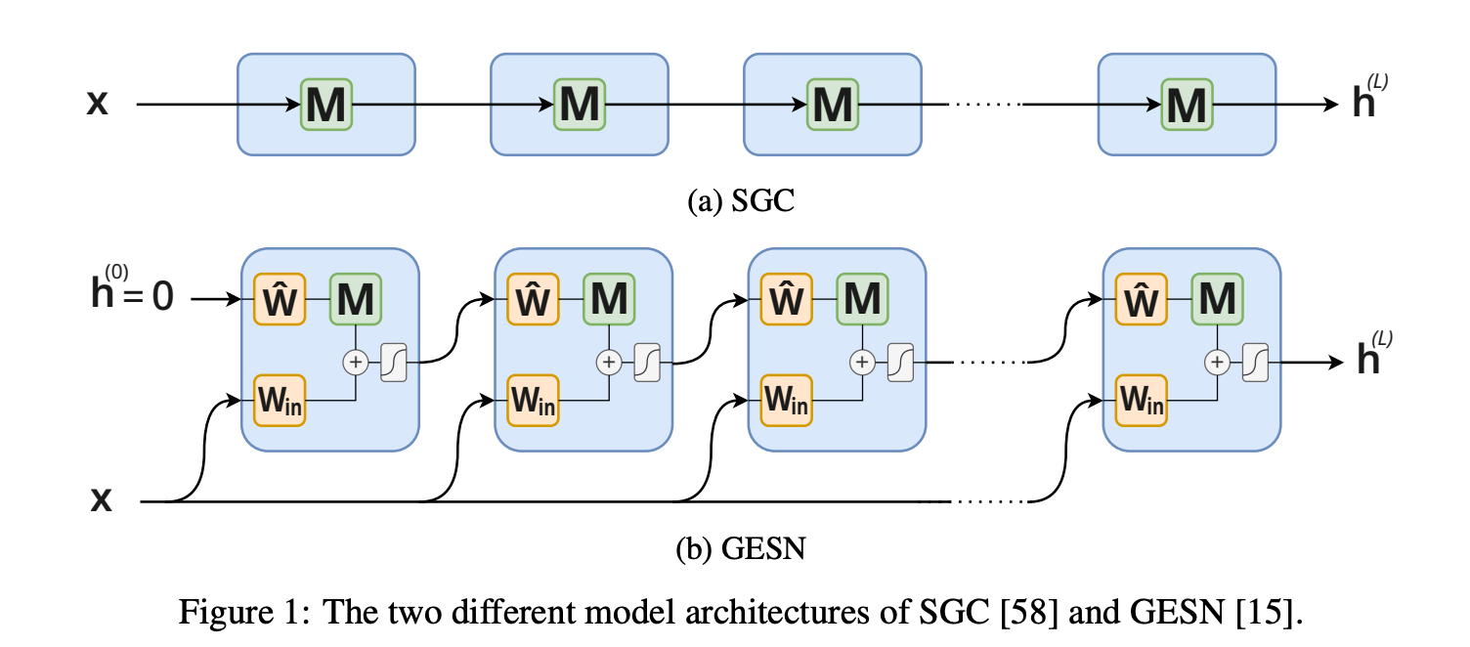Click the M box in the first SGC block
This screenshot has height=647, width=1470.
[326, 105]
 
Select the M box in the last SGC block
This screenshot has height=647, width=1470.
[1188, 105]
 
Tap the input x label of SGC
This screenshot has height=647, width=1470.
[97, 103]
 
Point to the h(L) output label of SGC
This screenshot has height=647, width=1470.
[1370, 97]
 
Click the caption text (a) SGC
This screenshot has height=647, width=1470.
[741, 200]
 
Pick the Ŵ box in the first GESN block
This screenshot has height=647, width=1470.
[280, 299]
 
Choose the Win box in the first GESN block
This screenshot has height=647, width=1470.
[280, 401]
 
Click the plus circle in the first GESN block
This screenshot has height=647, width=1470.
[356, 363]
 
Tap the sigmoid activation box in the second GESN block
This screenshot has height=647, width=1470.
[647, 363]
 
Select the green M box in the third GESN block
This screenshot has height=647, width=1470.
[862, 299]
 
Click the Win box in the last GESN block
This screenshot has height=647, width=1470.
[1142, 401]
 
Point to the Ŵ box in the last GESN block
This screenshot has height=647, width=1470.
[1142, 299]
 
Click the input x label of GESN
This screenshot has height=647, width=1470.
[101, 499]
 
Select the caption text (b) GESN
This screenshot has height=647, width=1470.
[741, 548]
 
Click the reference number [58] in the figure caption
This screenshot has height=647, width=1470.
[1029, 612]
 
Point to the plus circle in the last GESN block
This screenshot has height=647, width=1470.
[1218, 363]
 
